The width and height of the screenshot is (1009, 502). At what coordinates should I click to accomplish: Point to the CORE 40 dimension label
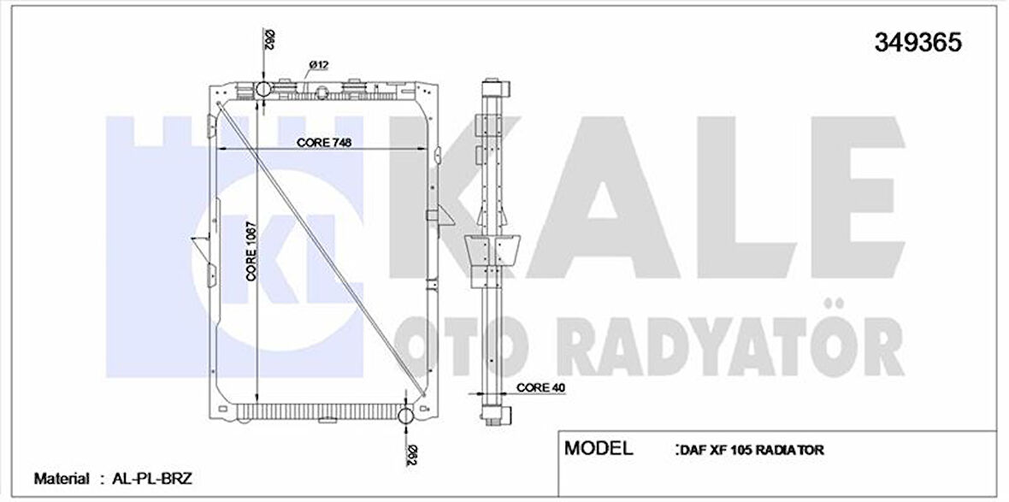tap(540, 387)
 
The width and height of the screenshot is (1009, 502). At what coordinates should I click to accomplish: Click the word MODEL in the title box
tap(599, 448)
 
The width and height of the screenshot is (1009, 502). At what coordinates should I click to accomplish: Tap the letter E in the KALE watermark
tap(842, 205)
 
